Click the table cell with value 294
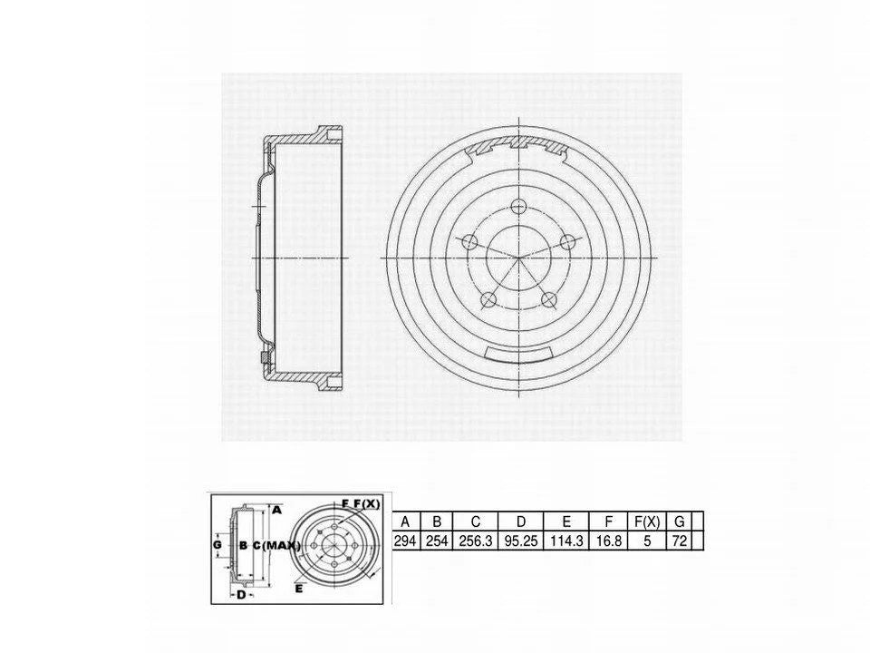click(405, 541)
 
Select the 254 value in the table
click(437, 541)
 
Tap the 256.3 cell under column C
click(476, 541)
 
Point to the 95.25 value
click(520, 541)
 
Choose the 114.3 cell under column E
click(565, 541)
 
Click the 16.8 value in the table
click(609, 541)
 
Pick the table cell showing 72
click(679, 541)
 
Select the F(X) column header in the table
click(647, 521)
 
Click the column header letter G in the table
click(679, 521)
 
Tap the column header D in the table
click(520, 521)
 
